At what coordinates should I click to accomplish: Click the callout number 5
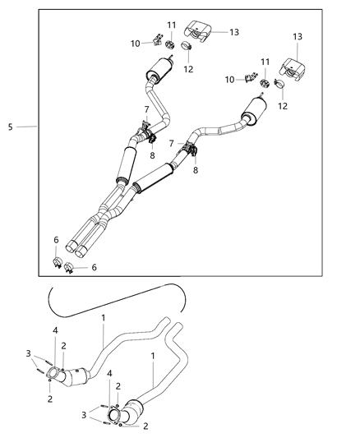10,127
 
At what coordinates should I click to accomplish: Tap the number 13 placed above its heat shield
297,36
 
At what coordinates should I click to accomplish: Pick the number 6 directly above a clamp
55,240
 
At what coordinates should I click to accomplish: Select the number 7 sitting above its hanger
146,109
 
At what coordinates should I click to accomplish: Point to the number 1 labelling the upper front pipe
103,317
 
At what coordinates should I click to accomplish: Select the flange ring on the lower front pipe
114,414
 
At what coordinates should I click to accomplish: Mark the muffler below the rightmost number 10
255,109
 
